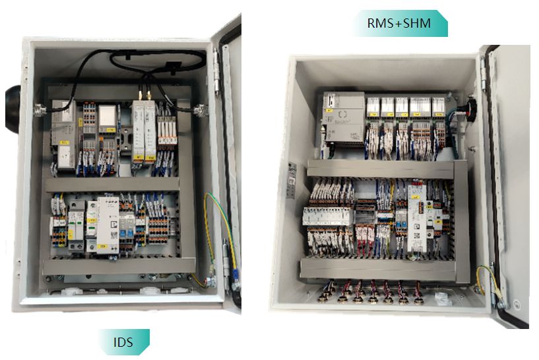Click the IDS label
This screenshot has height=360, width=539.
coord(123,342)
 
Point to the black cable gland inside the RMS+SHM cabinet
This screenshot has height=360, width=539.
coord(471,107)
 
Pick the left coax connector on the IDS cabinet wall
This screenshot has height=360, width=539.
coord(39,109)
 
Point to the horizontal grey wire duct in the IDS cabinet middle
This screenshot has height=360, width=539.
coord(112,184)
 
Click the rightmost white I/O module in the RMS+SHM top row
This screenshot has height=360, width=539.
coord(439,108)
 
